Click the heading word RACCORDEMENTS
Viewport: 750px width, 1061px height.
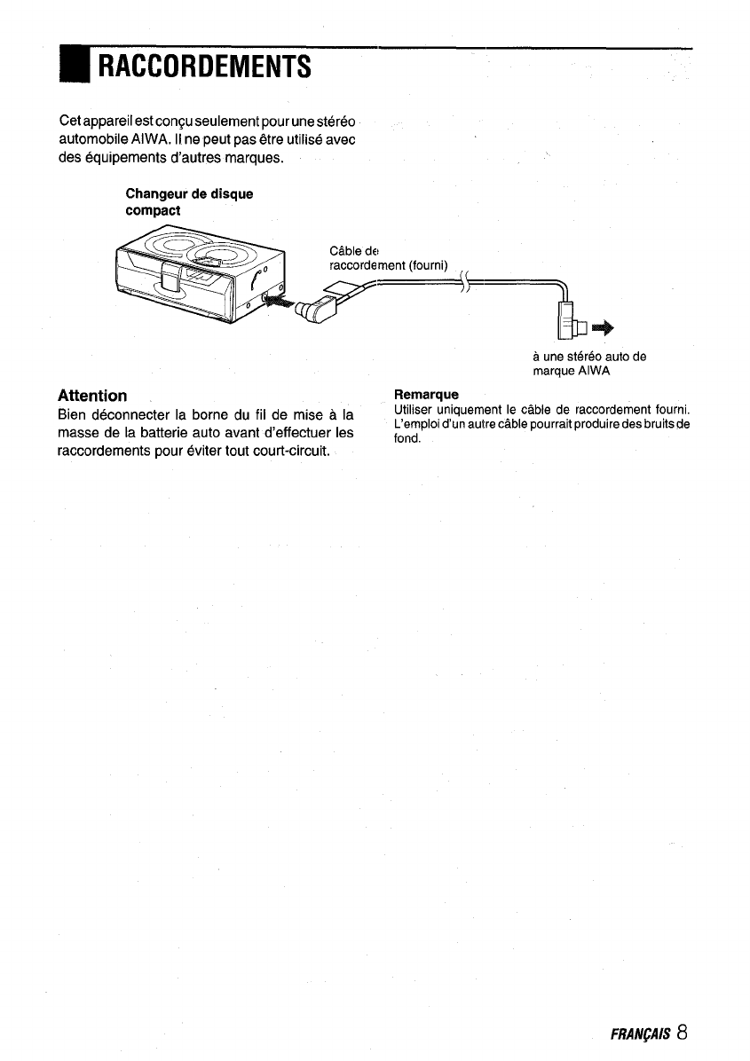pyautogui.click(x=204, y=66)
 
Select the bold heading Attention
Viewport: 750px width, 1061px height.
pyautogui.click(x=92, y=395)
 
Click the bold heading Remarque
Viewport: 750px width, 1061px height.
pyautogui.click(x=426, y=394)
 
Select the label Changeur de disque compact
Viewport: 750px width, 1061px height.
pyautogui.click(x=189, y=202)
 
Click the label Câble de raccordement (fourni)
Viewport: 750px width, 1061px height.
pyautogui.click(x=388, y=257)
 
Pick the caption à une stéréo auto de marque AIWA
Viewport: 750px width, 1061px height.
pyautogui.click(x=588, y=364)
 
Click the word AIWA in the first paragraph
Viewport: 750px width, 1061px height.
pyautogui.click(x=156, y=139)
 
